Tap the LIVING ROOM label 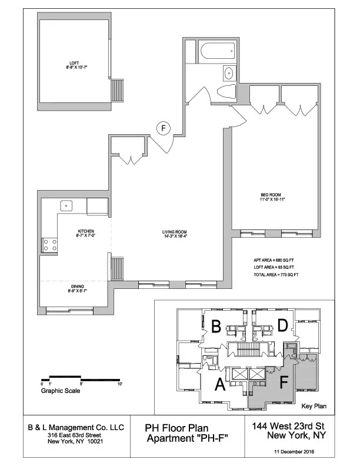[175, 234]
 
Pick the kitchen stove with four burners [49, 244]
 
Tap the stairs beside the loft [119, 92]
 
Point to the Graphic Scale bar [81, 377]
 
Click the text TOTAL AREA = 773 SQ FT [276, 275]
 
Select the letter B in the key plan [216, 325]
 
